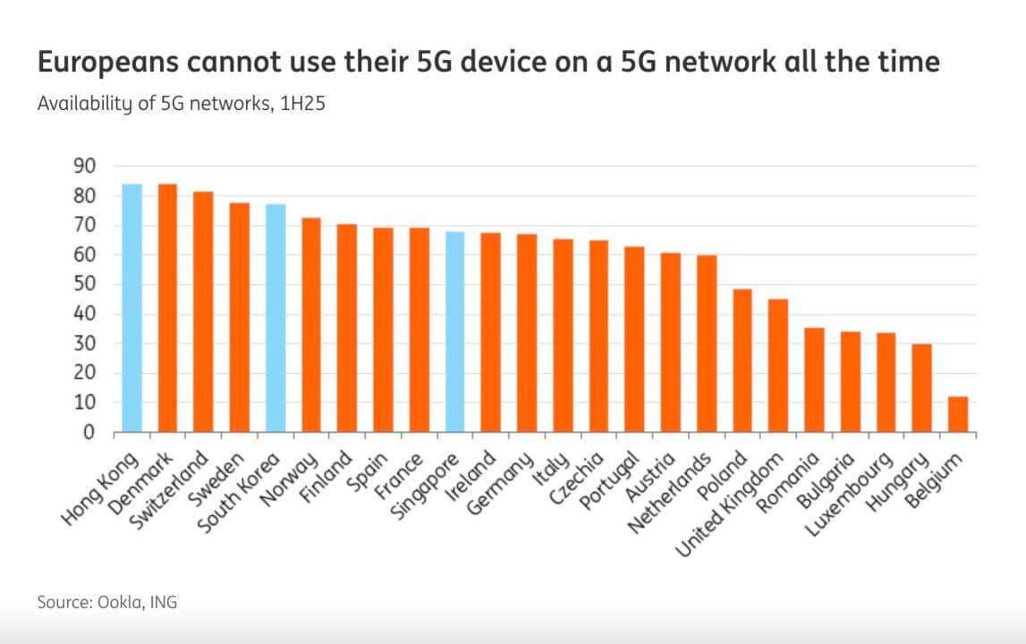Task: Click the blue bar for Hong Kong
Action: (131, 309)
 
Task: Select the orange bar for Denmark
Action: (167, 309)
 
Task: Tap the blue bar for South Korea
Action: (275, 318)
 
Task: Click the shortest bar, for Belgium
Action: (957, 415)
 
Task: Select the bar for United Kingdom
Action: (778, 366)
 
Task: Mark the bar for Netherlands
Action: (707, 344)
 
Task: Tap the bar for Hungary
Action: (921, 388)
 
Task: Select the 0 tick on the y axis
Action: (89, 433)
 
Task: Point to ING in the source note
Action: (163, 602)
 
